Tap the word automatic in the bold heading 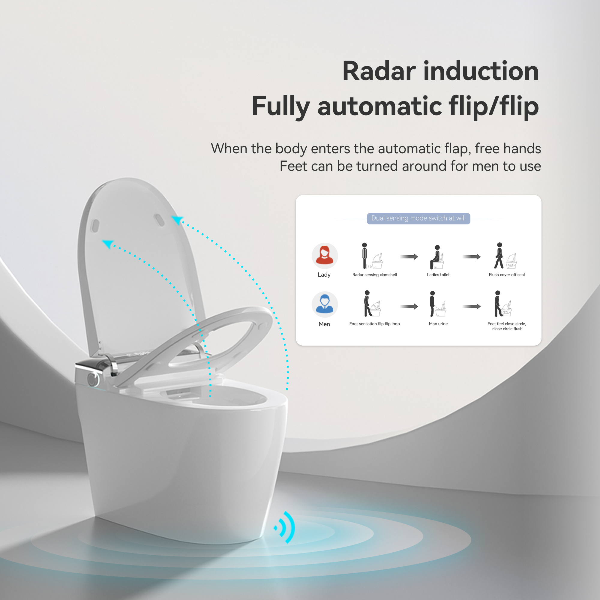(x=379, y=106)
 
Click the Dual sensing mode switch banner (x=418, y=218)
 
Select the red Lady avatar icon (x=325, y=256)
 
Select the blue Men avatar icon (x=325, y=304)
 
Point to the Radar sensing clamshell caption (x=374, y=275)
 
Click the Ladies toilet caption (x=438, y=275)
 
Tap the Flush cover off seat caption (x=507, y=275)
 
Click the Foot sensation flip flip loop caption (x=374, y=324)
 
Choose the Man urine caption (x=438, y=324)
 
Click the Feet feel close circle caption (x=507, y=326)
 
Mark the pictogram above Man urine (x=437, y=304)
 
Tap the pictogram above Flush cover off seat (x=505, y=256)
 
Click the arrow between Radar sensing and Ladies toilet (x=409, y=257)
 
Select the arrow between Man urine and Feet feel (x=471, y=307)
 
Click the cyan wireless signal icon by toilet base (x=285, y=527)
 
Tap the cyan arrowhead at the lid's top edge (x=177, y=220)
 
